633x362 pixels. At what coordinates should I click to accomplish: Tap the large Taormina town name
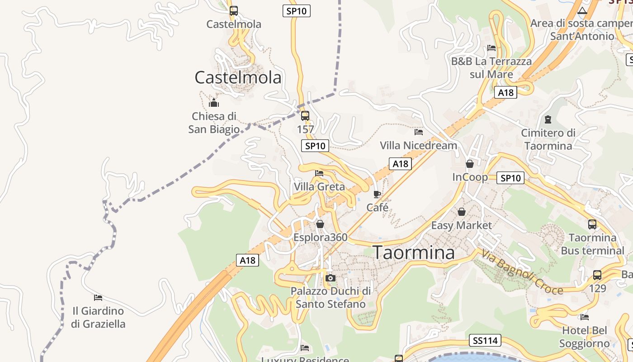[414, 252]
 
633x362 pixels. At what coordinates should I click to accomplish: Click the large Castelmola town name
[238, 77]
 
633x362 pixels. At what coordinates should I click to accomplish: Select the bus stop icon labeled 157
[305, 116]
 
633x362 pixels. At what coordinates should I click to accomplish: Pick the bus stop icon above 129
[597, 275]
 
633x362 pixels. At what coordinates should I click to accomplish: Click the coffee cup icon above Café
[377, 195]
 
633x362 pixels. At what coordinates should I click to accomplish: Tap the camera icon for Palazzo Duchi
[331, 278]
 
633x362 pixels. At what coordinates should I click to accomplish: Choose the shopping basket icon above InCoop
[470, 164]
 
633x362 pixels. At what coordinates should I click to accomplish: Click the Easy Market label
[461, 225]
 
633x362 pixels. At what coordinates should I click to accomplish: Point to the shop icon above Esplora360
[320, 224]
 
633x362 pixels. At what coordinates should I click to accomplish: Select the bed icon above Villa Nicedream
[419, 132]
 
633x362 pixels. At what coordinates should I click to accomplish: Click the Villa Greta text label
[319, 186]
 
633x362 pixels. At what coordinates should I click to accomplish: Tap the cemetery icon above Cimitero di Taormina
[548, 119]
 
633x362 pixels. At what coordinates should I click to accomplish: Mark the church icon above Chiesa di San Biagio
[214, 103]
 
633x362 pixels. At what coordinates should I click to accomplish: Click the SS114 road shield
[486, 340]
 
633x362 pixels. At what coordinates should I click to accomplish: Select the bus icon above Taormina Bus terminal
[592, 224]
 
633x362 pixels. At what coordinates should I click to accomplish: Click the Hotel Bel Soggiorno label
[585, 337]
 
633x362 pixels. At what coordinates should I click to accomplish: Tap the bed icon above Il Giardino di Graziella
[98, 298]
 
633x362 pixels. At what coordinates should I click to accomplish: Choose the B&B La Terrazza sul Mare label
[491, 67]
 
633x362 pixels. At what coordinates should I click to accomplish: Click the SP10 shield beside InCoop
[510, 178]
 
